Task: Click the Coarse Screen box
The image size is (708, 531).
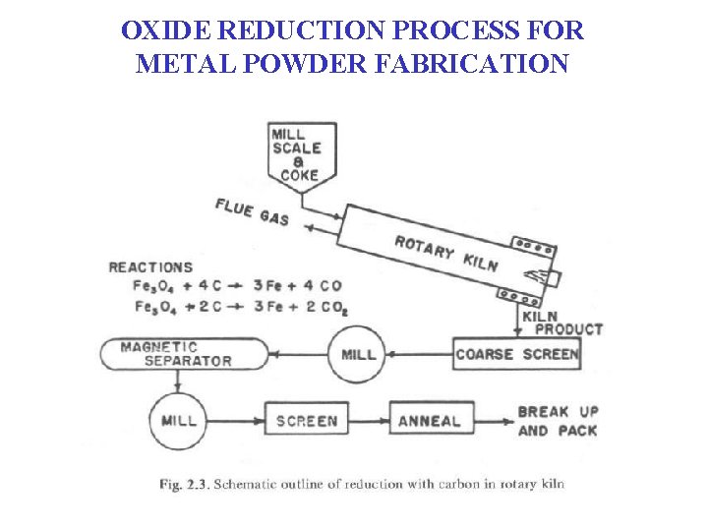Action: coord(517,354)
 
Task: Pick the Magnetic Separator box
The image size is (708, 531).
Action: coord(183,354)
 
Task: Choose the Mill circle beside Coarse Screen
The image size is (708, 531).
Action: coord(358,354)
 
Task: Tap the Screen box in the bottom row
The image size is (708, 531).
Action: coord(306,421)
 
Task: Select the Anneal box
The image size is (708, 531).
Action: coord(429,421)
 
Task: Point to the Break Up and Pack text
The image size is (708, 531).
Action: coord(557,421)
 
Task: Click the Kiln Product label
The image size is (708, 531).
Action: coord(560,324)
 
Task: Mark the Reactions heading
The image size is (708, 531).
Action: coord(150,267)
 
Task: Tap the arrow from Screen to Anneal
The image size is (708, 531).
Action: coord(369,421)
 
